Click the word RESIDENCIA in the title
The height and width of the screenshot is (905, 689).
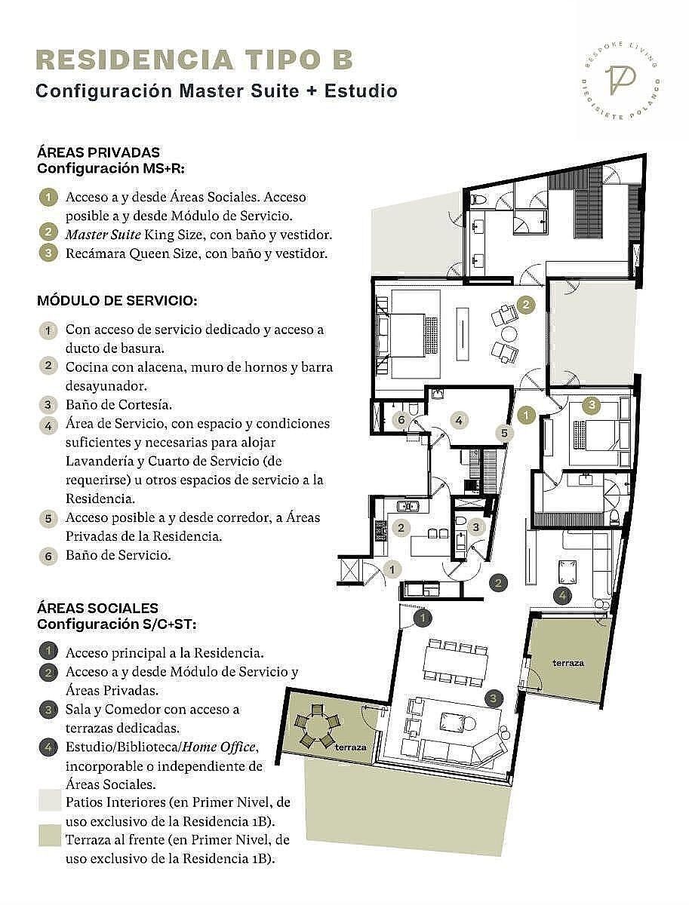pyautogui.click(x=135, y=60)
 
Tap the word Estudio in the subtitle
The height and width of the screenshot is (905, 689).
pyautogui.click(x=361, y=91)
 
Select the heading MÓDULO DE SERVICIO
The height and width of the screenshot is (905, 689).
pyautogui.click(x=117, y=301)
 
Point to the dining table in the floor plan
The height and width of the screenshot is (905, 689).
pyautogui.click(x=456, y=666)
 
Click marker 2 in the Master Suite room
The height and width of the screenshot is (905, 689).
pyautogui.click(x=526, y=305)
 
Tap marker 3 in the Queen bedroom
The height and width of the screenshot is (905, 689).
pyautogui.click(x=592, y=404)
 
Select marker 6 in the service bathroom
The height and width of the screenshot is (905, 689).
pyautogui.click(x=401, y=420)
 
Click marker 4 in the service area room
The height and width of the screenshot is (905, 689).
pyautogui.click(x=459, y=420)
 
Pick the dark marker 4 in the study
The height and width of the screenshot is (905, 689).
pyautogui.click(x=562, y=595)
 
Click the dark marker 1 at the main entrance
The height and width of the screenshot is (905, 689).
pyautogui.click(x=422, y=618)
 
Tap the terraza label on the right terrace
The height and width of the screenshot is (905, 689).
pyautogui.click(x=568, y=664)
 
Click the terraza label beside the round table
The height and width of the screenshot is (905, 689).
pyautogui.click(x=350, y=747)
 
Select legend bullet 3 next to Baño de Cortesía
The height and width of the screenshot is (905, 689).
pyautogui.click(x=48, y=404)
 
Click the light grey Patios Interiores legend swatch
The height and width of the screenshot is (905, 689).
pyautogui.click(x=50, y=801)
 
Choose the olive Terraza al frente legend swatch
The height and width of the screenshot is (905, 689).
pyautogui.click(x=50, y=836)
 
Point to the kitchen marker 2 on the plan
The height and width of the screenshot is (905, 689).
pyautogui.click(x=401, y=527)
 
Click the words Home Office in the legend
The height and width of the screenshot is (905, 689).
pyautogui.click(x=219, y=747)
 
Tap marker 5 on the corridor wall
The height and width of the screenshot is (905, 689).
pyautogui.click(x=504, y=434)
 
